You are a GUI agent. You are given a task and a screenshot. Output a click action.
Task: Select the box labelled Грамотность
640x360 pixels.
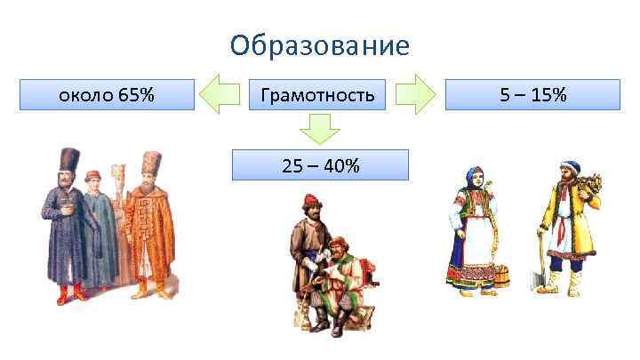[x=317, y=94]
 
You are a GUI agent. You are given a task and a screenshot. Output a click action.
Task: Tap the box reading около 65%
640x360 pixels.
[x=107, y=94]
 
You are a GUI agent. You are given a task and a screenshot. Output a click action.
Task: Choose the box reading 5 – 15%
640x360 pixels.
[x=532, y=94]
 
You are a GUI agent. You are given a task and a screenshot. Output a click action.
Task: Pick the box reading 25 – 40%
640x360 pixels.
[x=320, y=164]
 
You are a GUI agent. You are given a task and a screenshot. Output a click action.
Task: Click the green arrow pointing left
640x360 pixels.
[x=220, y=94]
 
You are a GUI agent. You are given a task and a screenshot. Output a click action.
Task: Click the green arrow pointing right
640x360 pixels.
[x=413, y=94]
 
